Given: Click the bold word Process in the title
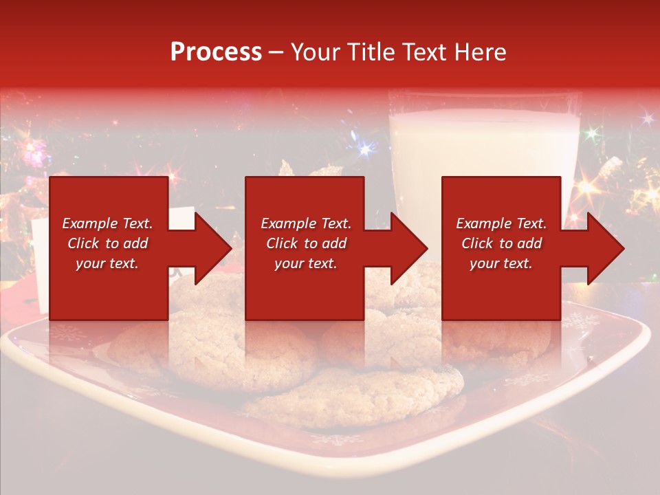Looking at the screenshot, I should click(216, 52).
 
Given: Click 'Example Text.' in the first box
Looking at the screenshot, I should click(108, 223).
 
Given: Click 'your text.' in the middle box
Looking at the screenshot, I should click(305, 263).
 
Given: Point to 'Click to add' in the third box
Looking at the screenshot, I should click(501, 243).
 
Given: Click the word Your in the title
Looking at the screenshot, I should click(317, 52).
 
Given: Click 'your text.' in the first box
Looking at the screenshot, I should click(107, 263).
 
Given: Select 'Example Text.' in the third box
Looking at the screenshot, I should click(501, 223).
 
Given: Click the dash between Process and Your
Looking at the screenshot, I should click(276, 52).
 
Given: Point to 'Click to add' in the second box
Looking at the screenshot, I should click(306, 243).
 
